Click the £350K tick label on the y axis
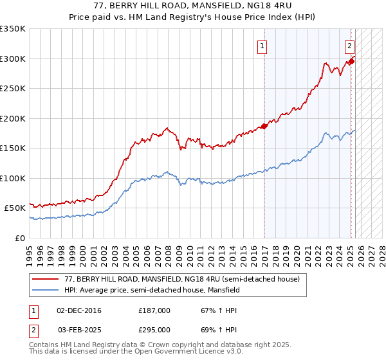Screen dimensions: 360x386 tap(13, 29)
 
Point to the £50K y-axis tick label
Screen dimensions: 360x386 tap(15, 208)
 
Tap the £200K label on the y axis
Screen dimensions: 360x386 tap(13, 118)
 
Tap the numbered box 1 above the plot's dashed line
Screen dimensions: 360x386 tap(263, 46)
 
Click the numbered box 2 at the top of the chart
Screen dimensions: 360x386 tap(349, 46)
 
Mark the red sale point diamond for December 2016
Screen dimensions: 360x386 tap(264, 126)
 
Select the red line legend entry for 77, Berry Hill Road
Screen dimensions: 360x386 tap(182, 280)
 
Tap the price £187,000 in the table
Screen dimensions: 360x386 tap(154, 310)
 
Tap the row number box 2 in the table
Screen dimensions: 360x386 tap(33, 329)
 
